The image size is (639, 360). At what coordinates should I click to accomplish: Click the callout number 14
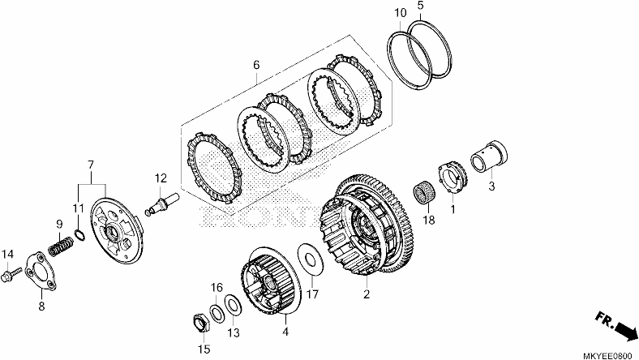click(x=7, y=255)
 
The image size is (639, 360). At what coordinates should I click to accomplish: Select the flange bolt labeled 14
click(x=11, y=272)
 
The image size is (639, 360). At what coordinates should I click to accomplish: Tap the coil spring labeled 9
click(x=61, y=246)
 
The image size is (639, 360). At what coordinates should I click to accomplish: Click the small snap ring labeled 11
click(x=79, y=236)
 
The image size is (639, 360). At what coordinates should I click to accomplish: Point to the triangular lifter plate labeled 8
click(x=41, y=271)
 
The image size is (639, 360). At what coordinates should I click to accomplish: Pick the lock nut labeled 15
click(x=200, y=324)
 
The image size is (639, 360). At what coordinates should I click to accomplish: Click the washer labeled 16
click(x=217, y=312)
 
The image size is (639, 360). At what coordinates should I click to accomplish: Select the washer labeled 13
click(x=233, y=305)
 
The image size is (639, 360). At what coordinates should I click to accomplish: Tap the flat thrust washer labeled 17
click(x=311, y=260)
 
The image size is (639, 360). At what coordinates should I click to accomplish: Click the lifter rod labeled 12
click(x=162, y=204)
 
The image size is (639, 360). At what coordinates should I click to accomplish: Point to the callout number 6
click(x=256, y=65)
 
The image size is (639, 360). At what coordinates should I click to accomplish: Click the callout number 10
click(x=401, y=13)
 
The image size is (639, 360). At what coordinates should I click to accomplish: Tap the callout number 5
click(x=421, y=6)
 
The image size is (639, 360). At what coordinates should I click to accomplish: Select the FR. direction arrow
click(x=616, y=324)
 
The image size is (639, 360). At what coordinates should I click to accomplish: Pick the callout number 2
click(x=367, y=294)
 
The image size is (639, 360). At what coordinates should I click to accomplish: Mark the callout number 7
click(x=91, y=165)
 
